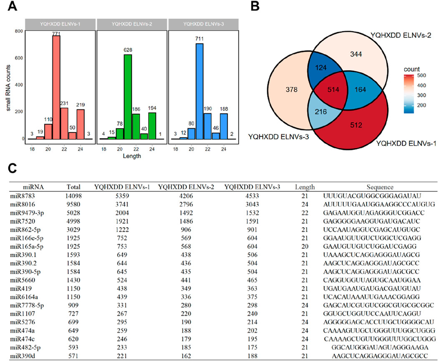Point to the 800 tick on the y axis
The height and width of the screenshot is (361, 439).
pyautogui.click(x=18, y=31)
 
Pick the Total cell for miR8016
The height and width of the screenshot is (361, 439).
pyautogui.click(x=73, y=204)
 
